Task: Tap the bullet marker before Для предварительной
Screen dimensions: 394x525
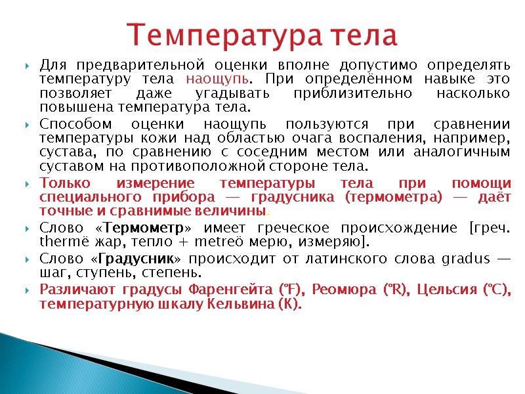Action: point(26,66)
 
